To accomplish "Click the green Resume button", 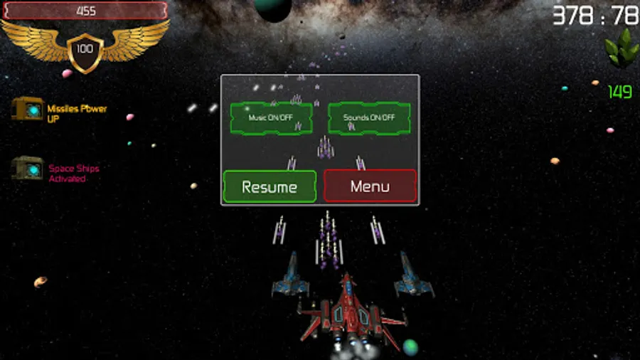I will click(x=270, y=187).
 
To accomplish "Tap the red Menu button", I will click(x=370, y=187).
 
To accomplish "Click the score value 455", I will click(x=85, y=11).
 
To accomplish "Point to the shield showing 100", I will click(x=85, y=51).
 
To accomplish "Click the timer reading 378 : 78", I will click(x=595, y=15).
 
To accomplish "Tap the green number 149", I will click(x=620, y=92).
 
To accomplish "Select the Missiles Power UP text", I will click(x=77, y=113).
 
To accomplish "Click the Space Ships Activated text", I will click(x=74, y=173).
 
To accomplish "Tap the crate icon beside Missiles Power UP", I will click(x=28, y=109).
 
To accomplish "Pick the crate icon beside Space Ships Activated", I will click(x=28, y=168).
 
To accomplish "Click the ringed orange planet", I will click(x=41, y=282).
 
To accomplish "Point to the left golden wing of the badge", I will click(x=36, y=41).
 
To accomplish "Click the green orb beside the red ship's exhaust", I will click(x=410, y=347).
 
